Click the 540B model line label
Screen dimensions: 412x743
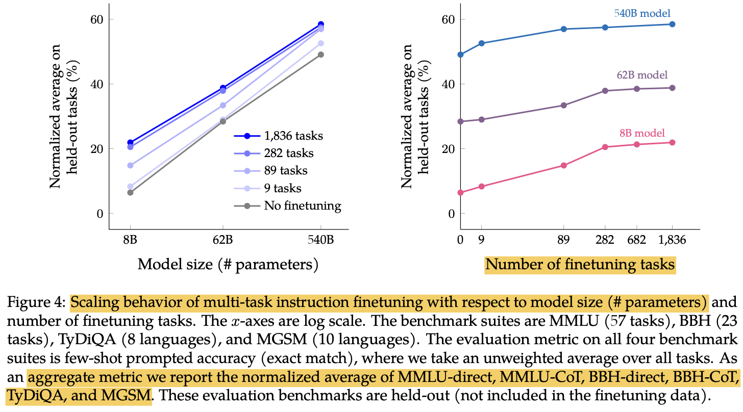[642, 13]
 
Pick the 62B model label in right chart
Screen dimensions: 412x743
[642, 75]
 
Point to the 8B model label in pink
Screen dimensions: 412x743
[642, 134]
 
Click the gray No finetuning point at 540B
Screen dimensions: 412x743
[321, 55]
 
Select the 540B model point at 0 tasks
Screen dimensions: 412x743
[461, 55]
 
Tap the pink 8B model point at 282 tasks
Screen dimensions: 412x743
[605, 147]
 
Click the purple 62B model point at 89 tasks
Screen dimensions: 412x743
[564, 106]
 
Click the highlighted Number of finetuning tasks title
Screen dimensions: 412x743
[580, 265]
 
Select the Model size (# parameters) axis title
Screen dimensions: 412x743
[228, 265]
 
